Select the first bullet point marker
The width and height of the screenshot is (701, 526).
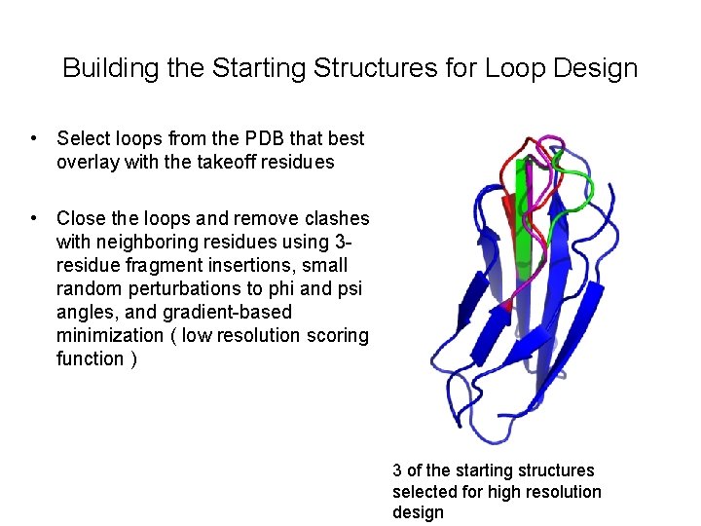pos(34,139)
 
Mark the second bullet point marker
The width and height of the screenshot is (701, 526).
pos(34,218)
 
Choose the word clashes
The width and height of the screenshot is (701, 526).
pos(337,218)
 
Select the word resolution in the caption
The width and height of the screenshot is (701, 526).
pos(564,492)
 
